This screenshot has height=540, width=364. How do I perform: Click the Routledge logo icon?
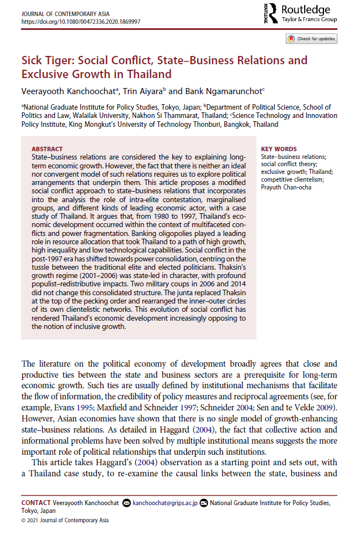(270, 14)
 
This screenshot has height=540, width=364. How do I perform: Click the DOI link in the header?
(80, 22)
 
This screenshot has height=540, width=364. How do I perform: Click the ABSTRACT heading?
(47, 149)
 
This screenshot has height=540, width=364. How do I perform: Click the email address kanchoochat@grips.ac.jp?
(163, 502)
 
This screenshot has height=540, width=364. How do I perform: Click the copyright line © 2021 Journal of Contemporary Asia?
(65, 521)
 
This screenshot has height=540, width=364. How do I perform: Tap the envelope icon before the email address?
(127, 502)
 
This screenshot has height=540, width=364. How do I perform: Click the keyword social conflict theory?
(290, 164)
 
